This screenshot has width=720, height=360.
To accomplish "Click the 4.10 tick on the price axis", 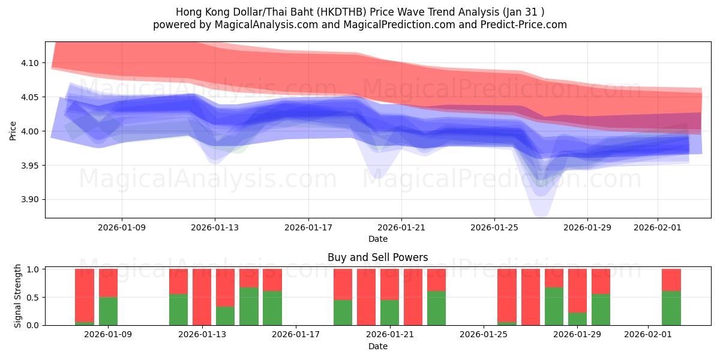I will (x=30, y=63).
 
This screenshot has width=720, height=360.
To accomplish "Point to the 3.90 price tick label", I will (x=30, y=200).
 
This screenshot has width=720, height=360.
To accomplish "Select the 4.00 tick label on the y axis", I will (x=30, y=131).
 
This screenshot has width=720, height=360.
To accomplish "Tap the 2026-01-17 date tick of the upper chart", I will (x=308, y=227).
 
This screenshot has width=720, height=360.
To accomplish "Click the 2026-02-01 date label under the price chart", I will (x=658, y=227).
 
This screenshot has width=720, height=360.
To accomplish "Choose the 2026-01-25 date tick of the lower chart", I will (x=483, y=334).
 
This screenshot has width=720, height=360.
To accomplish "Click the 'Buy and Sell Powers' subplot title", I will (x=377, y=257).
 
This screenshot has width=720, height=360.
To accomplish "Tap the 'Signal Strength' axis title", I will (x=18, y=296).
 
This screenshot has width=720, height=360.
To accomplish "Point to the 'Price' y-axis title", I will (x=13, y=130).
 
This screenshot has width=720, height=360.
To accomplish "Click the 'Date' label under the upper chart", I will (x=377, y=239).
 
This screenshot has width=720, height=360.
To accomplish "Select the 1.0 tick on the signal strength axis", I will (x=34, y=269).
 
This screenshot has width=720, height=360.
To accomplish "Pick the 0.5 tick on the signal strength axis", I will (x=34, y=298).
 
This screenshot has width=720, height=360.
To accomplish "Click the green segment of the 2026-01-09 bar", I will (x=108, y=311).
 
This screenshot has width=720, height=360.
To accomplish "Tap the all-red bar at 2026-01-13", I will (x=202, y=297).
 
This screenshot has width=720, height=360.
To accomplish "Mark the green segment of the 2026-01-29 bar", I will (x=577, y=319).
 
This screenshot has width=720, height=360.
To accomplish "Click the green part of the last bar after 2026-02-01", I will (x=671, y=308).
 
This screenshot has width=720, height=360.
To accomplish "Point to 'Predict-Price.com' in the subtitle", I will (x=526, y=25).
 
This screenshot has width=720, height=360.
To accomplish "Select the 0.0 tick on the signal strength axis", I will (x=34, y=325).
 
